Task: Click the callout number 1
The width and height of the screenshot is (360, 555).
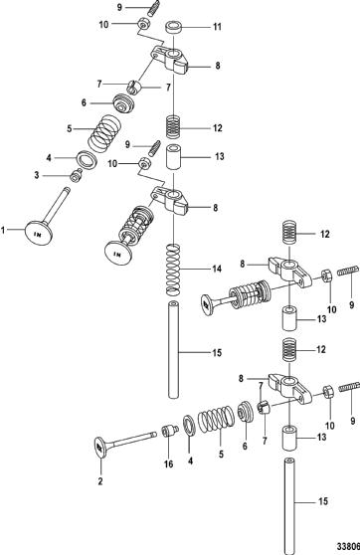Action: pyautogui.click(x=3, y=231)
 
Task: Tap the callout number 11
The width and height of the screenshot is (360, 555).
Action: pyautogui.click(x=217, y=27)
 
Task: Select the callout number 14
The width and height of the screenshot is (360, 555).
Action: pyautogui.click(x=217, y=269)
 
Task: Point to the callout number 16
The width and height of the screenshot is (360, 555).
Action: pyautogui.click(x=169, y=463)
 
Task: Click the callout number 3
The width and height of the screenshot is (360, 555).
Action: pyautogui.click(x=37, y=175)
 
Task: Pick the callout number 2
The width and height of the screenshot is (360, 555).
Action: pyautogui.click(x=100, y=481)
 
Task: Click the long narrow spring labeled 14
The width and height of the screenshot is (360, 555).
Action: pyautogui.click(x=173, y=270)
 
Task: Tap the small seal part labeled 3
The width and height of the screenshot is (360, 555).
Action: pyautogui.click(x=76, y=176)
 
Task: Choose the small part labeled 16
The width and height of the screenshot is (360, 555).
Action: pyautogui.click(x=169, y=431)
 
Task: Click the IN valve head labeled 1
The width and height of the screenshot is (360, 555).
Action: pyautogui.click(x=40, y=232)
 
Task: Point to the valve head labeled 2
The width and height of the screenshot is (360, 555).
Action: pyautogui.click(x=100, y=449)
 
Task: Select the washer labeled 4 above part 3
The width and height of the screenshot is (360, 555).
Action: pyautogui.click(x=89, y=158)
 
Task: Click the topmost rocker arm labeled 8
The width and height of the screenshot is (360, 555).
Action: pyautogui.click(x=170, y=59)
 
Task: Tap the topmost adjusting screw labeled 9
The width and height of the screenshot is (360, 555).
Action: pyautogui.click(x=153, y=8)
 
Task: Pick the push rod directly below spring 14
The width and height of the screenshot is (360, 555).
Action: pyautogui.click(x=173, y=349)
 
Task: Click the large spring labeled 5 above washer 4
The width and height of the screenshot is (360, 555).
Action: pyautogui.click(x=104, y=134)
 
